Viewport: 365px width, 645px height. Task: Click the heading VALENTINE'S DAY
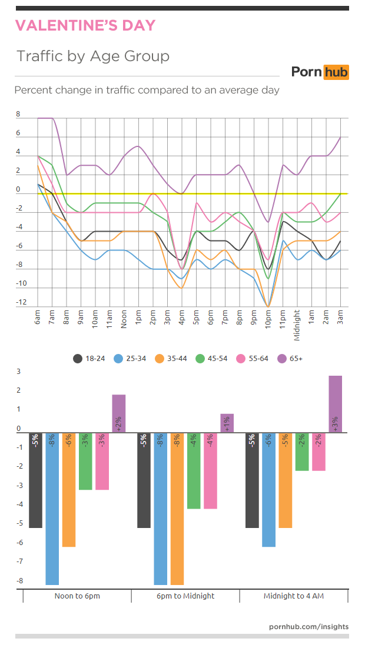click(x=85, y=25)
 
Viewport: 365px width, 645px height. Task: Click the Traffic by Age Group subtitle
click(x=93, y=56)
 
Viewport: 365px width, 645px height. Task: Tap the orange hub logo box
click(x=336, y=72)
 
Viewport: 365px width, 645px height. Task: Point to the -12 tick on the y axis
click(x=22, y=303)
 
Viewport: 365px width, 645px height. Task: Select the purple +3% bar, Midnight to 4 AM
click(x=336, y=404)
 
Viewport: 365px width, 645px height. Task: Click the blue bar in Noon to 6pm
click(x=52, y=509)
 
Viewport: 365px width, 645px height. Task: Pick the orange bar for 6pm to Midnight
click(x=177, y=509)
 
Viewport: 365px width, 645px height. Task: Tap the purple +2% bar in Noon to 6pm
click(x=119, y=413)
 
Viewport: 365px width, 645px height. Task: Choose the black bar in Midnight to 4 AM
click(x=252, y=480)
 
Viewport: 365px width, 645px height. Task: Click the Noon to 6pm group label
click(x=77, y=596)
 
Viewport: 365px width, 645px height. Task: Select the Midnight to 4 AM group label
click(x=294, y=596)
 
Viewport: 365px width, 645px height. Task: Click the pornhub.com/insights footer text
click(x=308, y=627)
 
